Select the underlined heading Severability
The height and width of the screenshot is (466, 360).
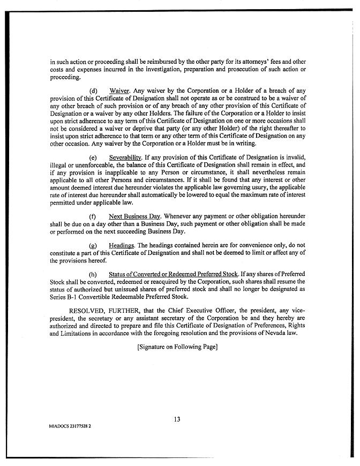point(125,158)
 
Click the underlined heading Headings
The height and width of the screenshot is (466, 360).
point(122,245)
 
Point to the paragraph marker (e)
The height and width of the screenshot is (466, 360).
point(93,158)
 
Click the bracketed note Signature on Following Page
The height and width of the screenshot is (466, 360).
point(177,347)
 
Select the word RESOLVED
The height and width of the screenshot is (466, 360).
point(88,310)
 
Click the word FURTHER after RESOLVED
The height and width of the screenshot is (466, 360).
point(131,310)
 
